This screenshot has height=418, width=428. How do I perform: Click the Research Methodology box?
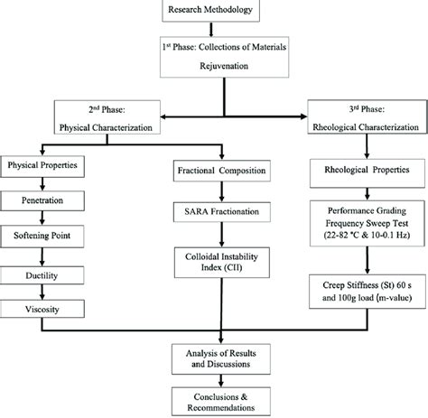(x=214, y=11)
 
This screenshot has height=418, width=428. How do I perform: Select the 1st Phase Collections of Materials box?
(x=215, y=55)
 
